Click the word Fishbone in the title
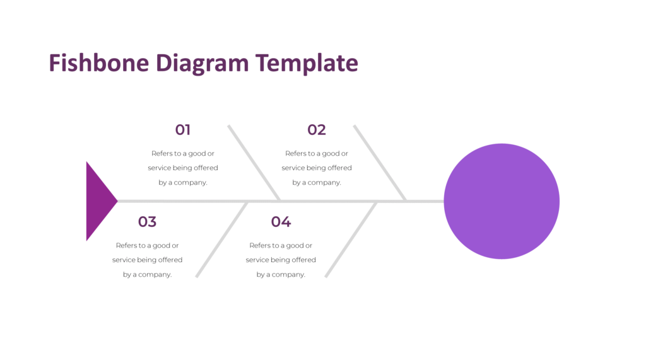[100, 63]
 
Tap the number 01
[183, 130]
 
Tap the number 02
[317, 130]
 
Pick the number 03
[147, 222]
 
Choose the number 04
[281, 222]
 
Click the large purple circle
[502, 201]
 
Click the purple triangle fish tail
[98, 201]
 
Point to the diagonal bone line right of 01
[254, 163]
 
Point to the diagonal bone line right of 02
[379, 163]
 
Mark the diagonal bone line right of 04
[351, 239]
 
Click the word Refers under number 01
[161, 153]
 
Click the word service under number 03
[124, 260]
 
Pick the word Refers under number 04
[260, 245]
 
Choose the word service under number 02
[293, 168]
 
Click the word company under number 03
[155, 275]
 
